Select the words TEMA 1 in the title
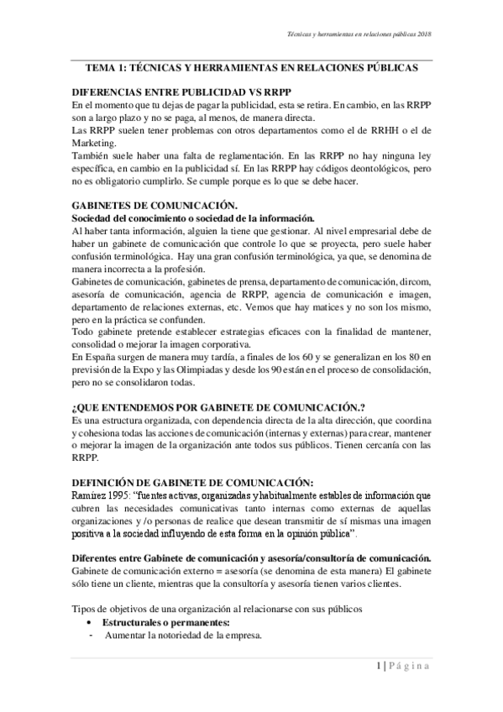105,71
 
